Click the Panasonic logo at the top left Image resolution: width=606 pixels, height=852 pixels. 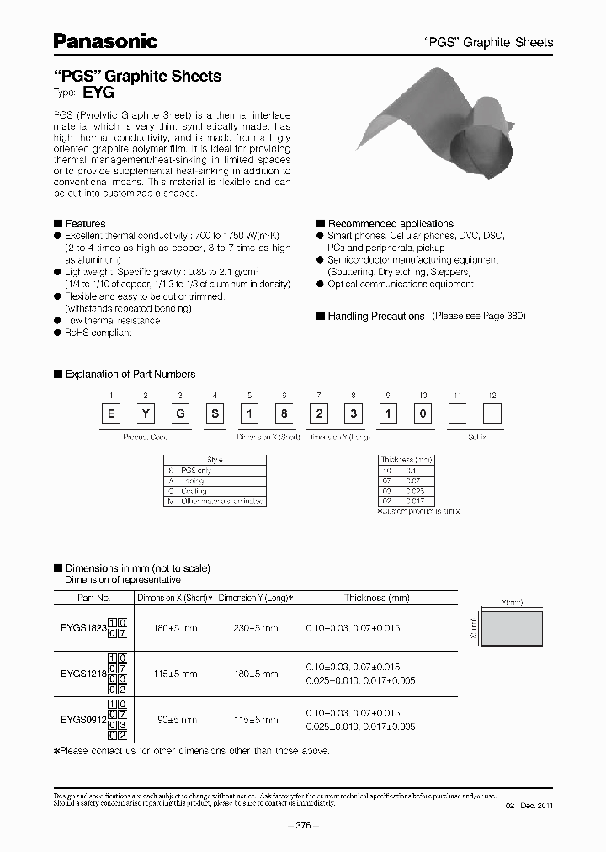pos(105,40)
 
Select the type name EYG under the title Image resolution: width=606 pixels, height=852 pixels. pos(100,94)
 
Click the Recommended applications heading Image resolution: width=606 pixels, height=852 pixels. pos(390,224)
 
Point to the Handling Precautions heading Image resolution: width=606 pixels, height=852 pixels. pos(375,316)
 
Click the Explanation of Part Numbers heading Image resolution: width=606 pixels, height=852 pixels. pos(130,374)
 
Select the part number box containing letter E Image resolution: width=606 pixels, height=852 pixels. pos(109,415)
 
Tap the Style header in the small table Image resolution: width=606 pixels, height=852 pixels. pos(215,460)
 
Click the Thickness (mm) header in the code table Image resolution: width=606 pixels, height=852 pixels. pos(407,460)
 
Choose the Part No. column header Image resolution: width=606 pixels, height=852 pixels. pos(93,598)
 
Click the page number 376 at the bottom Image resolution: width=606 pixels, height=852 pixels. pos(302,826)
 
